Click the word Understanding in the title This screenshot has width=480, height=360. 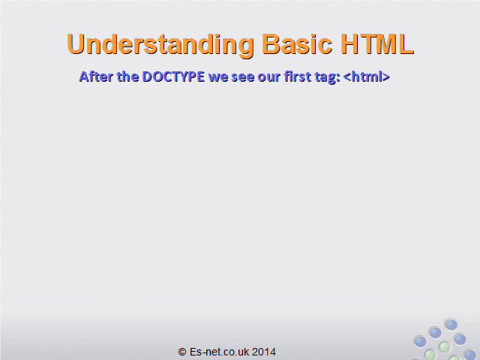160,45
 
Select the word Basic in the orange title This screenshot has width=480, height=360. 297,43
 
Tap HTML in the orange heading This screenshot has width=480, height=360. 377,43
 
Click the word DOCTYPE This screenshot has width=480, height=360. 173,76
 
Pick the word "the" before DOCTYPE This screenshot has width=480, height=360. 127,76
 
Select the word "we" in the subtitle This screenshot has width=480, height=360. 218,77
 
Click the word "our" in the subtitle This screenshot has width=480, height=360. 269,77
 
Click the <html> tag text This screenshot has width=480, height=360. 367,76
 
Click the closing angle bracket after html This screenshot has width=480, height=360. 386,77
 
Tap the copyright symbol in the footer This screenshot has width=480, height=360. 182,352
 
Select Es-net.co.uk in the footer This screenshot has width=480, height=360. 219,352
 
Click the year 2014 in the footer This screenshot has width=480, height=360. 264,352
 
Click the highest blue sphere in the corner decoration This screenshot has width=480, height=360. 451,325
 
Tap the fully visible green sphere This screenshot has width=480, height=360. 445,347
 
